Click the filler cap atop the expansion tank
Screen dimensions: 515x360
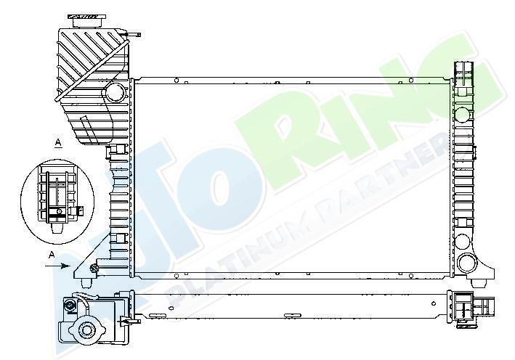[87, 21]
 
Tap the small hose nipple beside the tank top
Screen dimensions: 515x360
[134, 34]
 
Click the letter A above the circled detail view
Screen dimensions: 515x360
[58, 143]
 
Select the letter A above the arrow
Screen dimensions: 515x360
[51, 255]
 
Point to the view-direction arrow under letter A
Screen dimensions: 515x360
[57, 266]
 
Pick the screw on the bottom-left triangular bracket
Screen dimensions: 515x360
[94, 268]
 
